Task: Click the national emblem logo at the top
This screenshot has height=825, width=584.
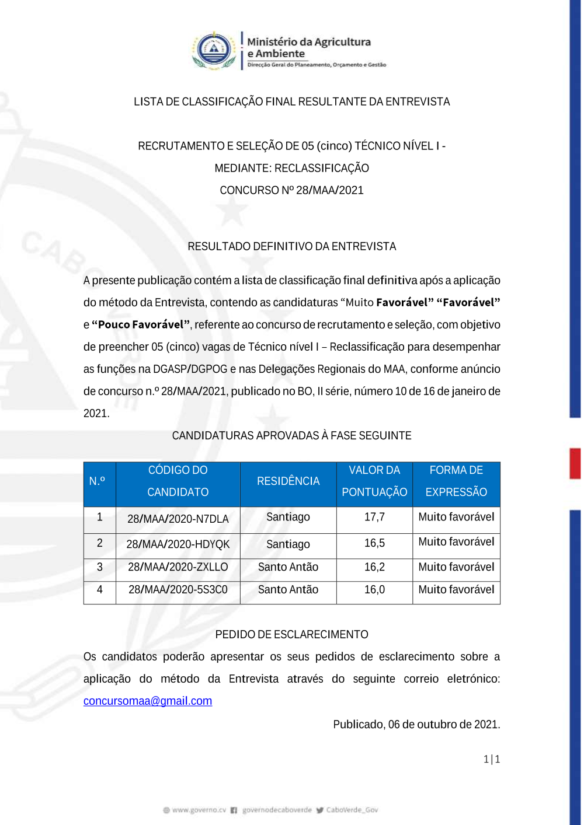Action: coord(214,50)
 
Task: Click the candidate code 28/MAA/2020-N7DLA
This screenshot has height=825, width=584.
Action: coord(178,519)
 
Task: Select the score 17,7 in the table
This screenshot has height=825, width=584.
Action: coord(374,517)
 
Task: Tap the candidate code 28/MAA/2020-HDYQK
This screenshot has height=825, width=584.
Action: coord(178,544)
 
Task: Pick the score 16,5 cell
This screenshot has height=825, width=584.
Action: coord(374,543)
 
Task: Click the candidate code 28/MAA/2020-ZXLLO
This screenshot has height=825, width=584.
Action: coord(178,567)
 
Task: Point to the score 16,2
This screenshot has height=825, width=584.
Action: coord(374,567)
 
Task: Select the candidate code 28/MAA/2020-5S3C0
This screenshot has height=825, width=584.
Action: coord(178,590)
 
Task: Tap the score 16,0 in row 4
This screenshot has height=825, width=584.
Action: coord(374,590)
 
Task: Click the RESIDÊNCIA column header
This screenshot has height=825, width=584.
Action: coord(288,481)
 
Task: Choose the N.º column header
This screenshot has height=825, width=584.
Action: coord(97,481)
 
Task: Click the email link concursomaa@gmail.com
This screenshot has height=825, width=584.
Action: coord(148,701)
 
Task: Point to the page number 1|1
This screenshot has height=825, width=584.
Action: coord(492,759)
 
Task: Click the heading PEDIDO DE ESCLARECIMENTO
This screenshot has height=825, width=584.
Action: coord(291,635)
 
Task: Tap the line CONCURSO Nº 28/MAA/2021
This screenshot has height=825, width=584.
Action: coord(291,190)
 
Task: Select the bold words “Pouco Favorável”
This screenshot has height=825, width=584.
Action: coord(141,325)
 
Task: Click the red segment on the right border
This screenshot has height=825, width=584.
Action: coord(575,463)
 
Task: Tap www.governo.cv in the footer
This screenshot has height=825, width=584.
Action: coord(199,810)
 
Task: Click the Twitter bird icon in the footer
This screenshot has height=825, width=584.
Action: coord(319,810)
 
